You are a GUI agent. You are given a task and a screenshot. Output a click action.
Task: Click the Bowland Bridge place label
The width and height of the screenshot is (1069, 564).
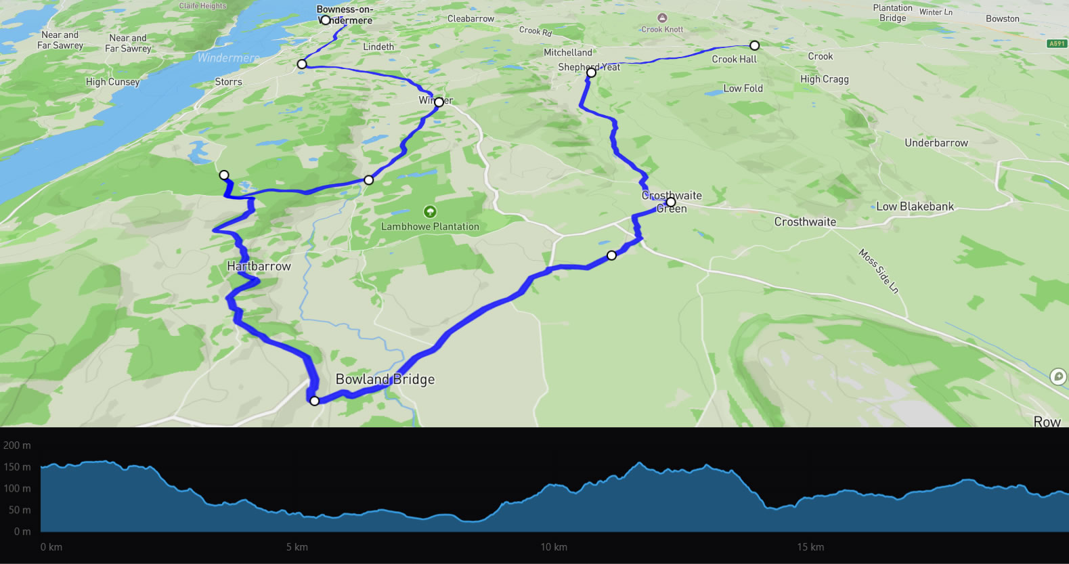[385, 379]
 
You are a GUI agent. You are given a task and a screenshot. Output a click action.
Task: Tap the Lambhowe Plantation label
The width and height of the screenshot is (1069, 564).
[430, 227]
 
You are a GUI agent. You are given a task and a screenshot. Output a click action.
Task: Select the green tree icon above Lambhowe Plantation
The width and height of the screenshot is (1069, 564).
[429, 212]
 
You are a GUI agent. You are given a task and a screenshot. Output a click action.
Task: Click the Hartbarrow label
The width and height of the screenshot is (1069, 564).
[259, 266]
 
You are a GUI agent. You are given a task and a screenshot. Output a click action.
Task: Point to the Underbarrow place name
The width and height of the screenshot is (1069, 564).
[936, 143]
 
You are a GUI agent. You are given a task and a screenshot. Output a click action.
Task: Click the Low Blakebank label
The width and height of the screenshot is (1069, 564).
[915, 207]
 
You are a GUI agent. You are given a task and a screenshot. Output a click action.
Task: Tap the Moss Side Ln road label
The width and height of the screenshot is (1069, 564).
[879, 271]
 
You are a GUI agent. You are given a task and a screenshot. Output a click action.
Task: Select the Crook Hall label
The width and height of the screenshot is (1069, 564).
[734, 60]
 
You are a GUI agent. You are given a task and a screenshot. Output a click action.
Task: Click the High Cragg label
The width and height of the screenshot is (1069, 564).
[824, 79]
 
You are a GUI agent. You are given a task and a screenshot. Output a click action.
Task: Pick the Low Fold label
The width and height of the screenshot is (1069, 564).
[743, 89]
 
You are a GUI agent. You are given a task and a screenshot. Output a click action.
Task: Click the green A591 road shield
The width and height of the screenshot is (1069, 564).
[1057, 43]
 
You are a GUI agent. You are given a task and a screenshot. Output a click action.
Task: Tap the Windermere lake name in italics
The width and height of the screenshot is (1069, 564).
[228, 58]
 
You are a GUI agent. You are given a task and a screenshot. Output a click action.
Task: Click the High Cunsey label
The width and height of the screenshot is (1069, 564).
[112, 82]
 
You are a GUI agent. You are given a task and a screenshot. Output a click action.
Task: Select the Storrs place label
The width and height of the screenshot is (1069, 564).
[228, 82]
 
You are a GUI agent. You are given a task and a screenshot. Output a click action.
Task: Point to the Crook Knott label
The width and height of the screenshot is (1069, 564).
[662, 29]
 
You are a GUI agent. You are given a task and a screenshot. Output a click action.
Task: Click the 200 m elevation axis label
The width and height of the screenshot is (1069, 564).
[17, 446]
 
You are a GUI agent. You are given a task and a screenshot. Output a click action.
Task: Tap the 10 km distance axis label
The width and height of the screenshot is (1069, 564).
[554, 547]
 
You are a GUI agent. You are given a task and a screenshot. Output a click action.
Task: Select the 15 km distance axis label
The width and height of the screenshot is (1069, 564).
[810, 547]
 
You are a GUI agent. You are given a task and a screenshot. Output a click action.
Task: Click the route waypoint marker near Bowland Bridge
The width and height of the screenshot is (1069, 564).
[314, 401]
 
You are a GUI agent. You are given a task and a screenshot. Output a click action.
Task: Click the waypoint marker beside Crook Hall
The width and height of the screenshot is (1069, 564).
[754, 45]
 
